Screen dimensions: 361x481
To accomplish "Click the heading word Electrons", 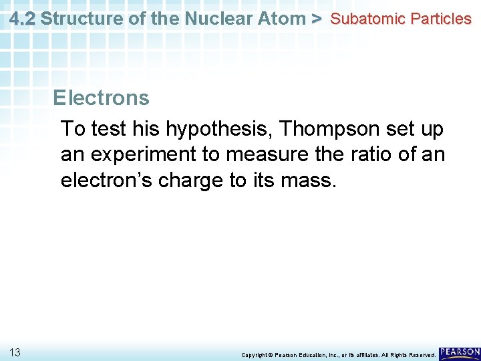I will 101,98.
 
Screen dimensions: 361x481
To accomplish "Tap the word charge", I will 192,181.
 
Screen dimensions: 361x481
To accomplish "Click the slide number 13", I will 15,352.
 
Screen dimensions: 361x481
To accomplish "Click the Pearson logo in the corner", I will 460,352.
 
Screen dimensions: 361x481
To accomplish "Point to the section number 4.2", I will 22,18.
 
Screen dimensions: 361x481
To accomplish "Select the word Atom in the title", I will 281,18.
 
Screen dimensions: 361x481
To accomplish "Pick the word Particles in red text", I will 441,19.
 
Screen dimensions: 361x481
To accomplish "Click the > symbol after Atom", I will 317,18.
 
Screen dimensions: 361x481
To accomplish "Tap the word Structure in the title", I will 73,18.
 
